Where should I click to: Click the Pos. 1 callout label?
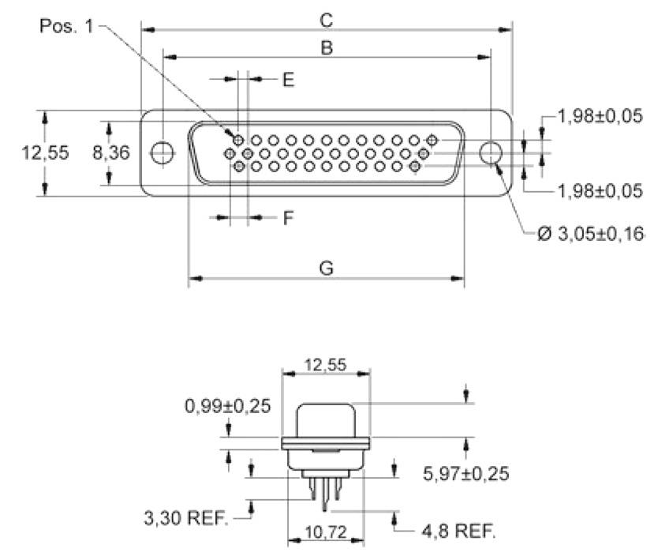pos(68,25)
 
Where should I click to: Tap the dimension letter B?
pos(326,47)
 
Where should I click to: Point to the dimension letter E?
pos(288,80)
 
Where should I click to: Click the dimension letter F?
pos(289,217)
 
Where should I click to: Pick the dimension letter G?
pos(326,269)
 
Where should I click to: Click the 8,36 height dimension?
pos(110,152)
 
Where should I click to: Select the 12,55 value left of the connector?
pos(43,152)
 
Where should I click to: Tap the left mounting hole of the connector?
pos(163,152)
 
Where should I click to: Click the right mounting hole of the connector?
pos(491,152)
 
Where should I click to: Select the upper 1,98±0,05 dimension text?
pos(600,117)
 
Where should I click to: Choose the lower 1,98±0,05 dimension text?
pos(600,190)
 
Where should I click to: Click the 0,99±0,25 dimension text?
pos(228,406)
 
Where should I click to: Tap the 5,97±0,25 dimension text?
pos(466,474)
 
